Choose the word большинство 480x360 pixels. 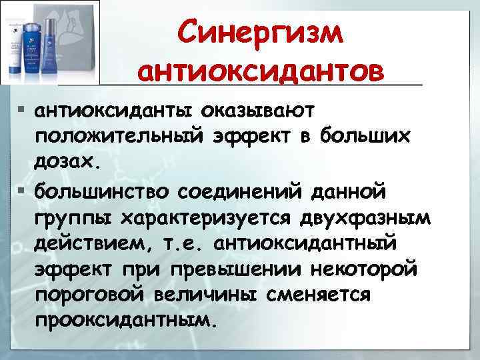101,191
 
